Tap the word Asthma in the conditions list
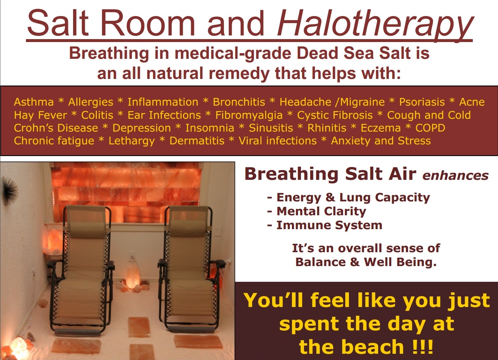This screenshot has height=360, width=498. click(34, 102)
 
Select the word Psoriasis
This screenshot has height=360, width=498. click(422, 102)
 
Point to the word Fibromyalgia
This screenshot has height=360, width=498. click(249, 115)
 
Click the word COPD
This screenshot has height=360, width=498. click(430, 128)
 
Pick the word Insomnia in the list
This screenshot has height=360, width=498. click(210, 128)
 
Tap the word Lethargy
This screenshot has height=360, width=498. click(132, 141)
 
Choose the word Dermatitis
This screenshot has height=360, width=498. click(197, 141)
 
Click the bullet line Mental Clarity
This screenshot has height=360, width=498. click(316, 211)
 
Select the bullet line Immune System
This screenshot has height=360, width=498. click(325, 225)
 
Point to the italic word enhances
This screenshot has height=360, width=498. click(456, 176)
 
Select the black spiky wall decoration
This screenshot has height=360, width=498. click(9, 190)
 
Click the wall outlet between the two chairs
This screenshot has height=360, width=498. click(132, 257)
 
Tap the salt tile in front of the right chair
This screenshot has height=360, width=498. click(192, 342)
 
